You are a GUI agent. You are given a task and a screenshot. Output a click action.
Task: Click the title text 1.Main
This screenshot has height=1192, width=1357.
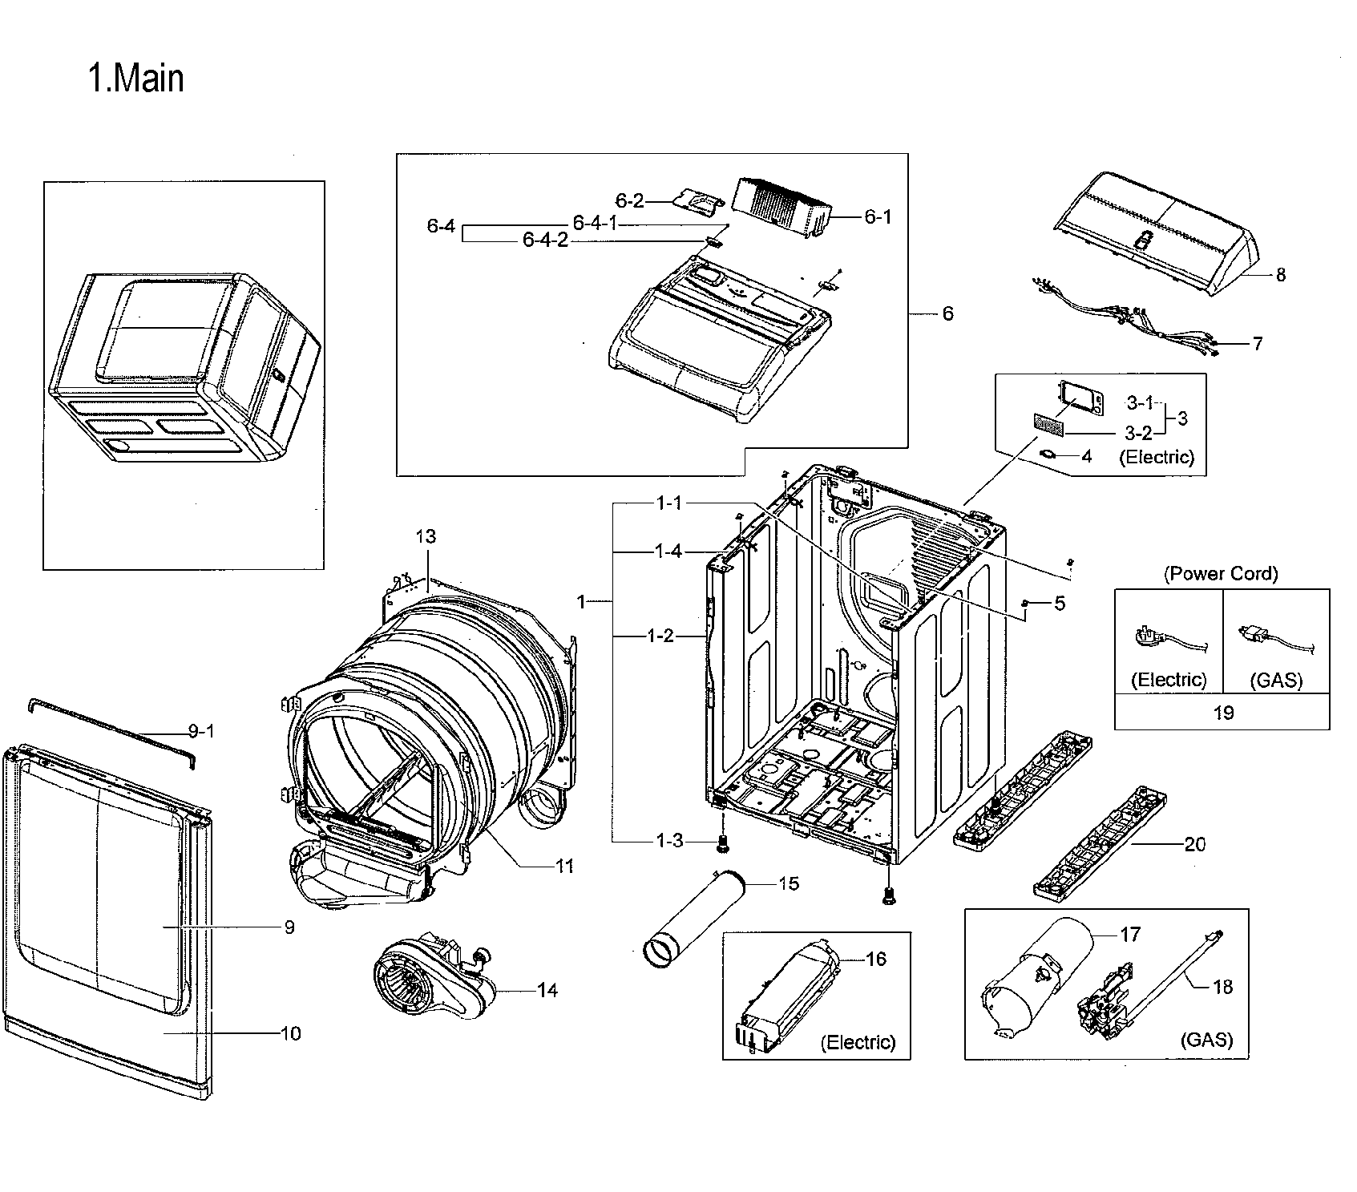pos(136,79)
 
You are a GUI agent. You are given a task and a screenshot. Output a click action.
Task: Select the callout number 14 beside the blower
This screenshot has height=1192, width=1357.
pos(547,991)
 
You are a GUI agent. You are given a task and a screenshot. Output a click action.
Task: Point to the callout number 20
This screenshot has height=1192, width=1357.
pos(1194,844)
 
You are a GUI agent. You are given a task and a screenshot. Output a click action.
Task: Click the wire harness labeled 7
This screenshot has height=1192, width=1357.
pos(1122,321)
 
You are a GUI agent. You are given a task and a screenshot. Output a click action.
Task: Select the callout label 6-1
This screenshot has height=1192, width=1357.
pos(878,216)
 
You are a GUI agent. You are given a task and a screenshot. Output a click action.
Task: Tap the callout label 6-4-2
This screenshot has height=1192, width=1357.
pos(545,240)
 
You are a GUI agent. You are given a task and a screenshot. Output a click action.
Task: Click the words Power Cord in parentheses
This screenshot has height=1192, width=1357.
pos(1221,573)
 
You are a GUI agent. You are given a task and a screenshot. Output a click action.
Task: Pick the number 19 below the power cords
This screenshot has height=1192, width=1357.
pos(1222,713)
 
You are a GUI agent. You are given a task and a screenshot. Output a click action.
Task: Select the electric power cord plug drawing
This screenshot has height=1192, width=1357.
pos(1162,641)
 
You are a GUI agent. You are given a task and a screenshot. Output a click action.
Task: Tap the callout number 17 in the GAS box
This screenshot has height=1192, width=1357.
pos(1130,935)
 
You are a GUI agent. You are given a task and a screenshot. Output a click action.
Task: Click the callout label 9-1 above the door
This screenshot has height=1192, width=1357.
pos(201,731)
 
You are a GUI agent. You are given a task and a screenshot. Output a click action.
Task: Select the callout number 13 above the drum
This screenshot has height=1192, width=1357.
pos(426,536)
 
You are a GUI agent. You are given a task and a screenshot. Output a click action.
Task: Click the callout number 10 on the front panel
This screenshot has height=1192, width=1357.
pos(290,1034)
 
